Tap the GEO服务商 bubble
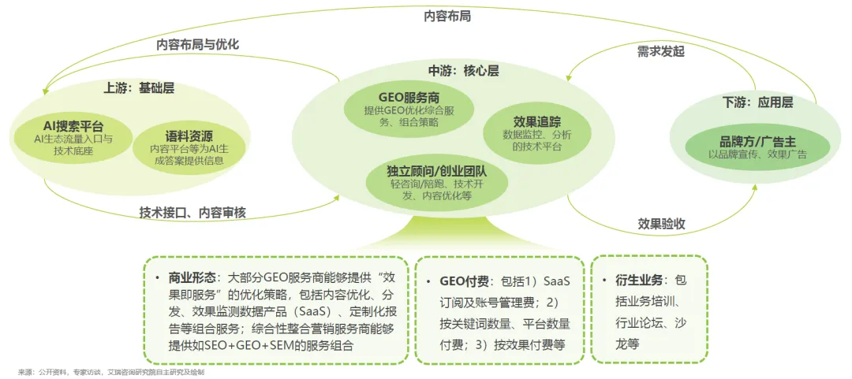tap(409, 110)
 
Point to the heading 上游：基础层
tap(139, 87)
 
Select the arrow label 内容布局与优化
tap(197, 44)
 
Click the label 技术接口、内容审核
tap(192, 212)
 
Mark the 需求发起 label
tap(661, 52)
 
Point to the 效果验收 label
tap(661, 224)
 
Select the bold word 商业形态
tap(192, 278)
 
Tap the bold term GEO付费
tap(464, 281)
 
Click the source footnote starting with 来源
tap(110, 371)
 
